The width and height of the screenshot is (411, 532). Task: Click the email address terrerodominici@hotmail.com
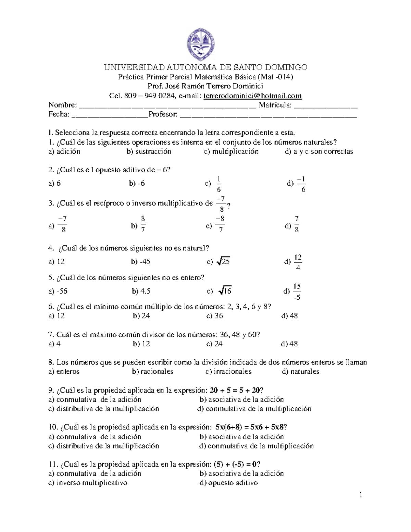(x=252, y=96)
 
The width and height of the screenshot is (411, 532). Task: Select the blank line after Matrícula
(x=326, y=106)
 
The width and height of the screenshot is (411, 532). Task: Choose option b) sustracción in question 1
(x=149, y=151)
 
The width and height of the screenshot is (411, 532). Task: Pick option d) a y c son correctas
(x=319, y=151)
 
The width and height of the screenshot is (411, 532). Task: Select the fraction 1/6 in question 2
(x=219, y=185)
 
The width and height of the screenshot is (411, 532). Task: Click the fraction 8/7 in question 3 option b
(x=143, y=224)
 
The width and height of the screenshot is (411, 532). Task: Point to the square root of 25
(x=223, y=262)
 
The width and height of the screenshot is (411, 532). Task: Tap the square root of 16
(x=225, y=291)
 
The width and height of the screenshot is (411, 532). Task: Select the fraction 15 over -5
(x=297, y=292)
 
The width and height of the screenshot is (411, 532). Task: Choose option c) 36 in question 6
(x=215, y=316)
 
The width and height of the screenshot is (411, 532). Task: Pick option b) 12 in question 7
(x=141, y=344)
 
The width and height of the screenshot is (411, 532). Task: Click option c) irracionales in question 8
(x=228, y=372)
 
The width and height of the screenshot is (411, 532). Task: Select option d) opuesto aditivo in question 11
(x=228, y=483)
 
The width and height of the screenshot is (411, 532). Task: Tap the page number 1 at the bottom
(x=361, y=495)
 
